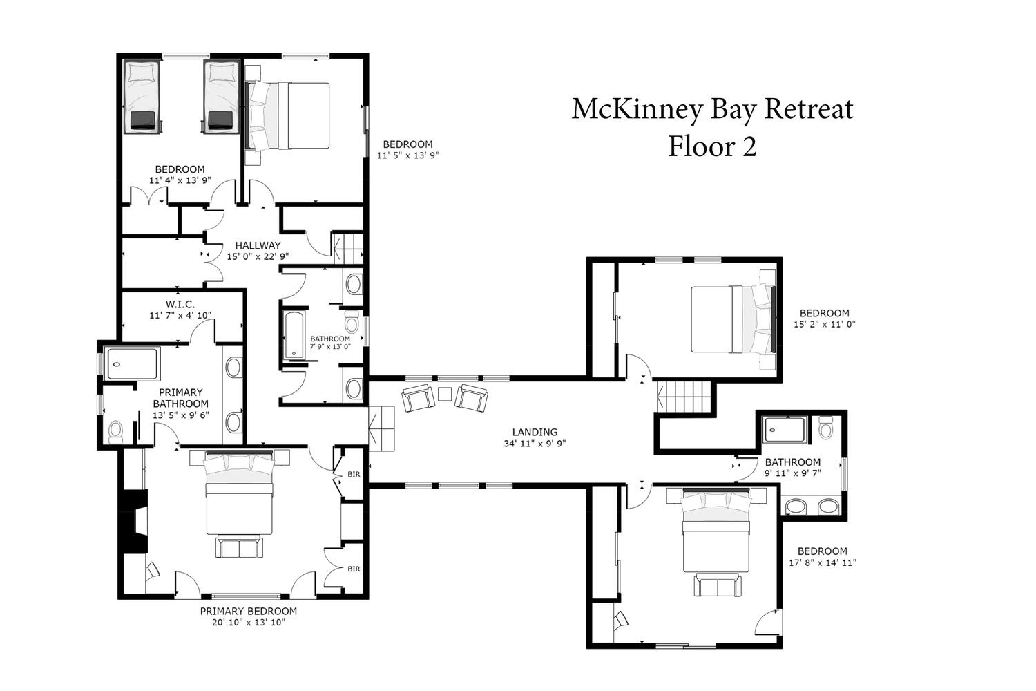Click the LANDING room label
tap(535, 433)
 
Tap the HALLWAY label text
tap(258, 245)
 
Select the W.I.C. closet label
tap(180, 305)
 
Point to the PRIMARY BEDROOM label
tap(249, 611)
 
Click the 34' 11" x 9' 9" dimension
tap(535, 444)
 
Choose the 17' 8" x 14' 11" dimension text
tap(823, 562)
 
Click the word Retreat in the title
tap(809, 109)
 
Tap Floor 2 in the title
tap(712, 146)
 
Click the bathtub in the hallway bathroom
tap(294, 336)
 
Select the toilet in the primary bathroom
tap(115, 431)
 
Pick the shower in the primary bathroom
tap(132, 363)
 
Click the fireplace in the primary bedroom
tap(133, 521)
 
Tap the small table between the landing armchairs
tap(445, 394)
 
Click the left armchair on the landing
tap(418, 398)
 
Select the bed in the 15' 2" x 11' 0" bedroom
tap(733, 319)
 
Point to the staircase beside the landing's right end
tap(684, 396)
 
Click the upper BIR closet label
tap(354, 475)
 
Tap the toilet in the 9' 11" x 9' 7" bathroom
tap(825, 427)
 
